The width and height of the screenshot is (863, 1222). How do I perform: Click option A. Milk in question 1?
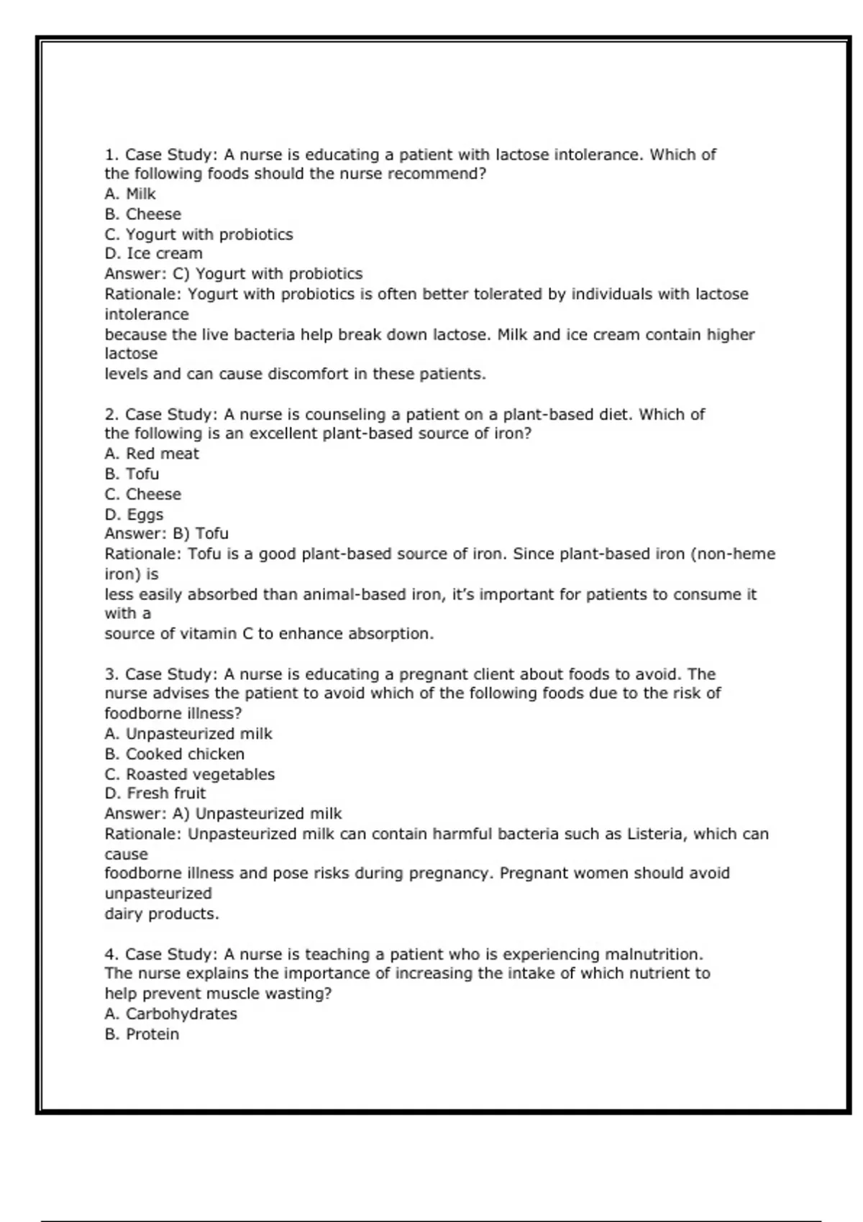pos(130,194)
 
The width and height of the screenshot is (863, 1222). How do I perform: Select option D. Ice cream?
pos(153,254)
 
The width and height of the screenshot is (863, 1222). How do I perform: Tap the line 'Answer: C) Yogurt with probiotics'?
pos(233,274)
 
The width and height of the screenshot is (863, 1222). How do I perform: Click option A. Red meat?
pos(152,454)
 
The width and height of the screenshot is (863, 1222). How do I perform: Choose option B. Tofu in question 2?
pos(132,474)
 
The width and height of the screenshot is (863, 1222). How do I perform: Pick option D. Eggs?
pos(134,515)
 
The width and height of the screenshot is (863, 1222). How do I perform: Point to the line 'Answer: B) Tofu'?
pos(166,533)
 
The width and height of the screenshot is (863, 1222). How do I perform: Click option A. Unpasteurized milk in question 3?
pos(188,734)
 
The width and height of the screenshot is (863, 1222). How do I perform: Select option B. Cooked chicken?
pos(174,754)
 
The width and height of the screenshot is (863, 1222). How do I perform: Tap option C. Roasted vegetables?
pos(189,774)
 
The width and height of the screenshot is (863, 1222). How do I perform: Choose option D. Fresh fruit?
pos(155,794)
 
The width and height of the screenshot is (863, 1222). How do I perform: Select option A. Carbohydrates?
pos(170,1014)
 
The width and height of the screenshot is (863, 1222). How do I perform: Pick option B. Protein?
pos(142,1034)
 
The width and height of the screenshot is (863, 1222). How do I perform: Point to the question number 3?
pos(111,674)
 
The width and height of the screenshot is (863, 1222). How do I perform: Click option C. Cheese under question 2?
pos(142,495)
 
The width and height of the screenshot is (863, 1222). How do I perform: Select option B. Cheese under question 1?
pos(142,214)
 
